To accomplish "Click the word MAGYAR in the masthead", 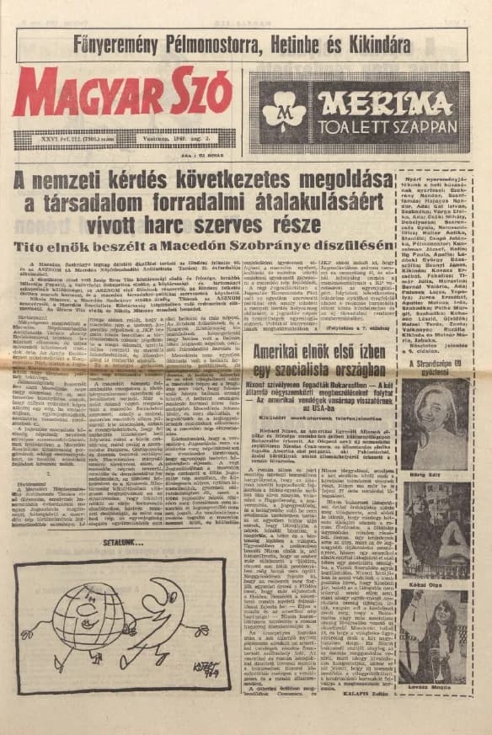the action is (77, 93).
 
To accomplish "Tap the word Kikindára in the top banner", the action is (369, 44).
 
